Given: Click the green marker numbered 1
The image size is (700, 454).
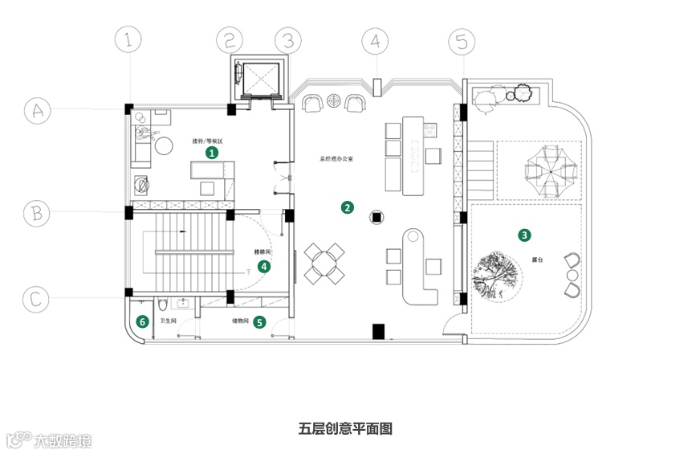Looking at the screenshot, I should click(x=212, y=151).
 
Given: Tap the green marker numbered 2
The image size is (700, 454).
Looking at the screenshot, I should click(x=347, y=207).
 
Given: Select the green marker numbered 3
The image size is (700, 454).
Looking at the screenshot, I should click(x=524, y=235).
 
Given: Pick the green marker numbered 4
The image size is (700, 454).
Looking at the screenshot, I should click(x=263, y=266).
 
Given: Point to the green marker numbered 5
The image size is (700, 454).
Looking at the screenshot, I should click(x=258, y=323).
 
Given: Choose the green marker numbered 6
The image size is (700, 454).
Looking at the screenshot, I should click(x=142, y=322).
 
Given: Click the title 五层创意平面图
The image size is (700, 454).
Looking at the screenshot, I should click(x=345, y=428).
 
